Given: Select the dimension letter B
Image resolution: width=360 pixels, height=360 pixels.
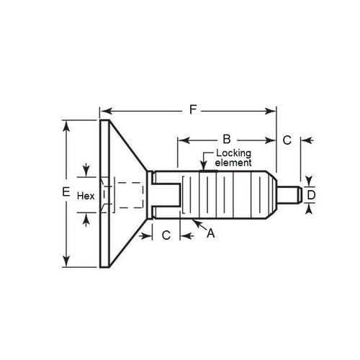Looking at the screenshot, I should click(x=225, y=138).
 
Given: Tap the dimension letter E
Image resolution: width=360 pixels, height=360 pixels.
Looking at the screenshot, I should click(x=66, y=193).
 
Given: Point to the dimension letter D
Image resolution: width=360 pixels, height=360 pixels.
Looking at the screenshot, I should click(x=311, y=194).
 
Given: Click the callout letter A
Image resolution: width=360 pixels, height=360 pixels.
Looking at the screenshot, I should click(x=210, y=233).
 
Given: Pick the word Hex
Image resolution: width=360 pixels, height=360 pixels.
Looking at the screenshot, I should click(x=85, y=195).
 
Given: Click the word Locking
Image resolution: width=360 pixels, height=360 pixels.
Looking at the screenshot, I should click(x=222, y=154).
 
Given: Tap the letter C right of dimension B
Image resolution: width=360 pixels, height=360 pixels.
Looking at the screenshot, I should click(x=286, y=138).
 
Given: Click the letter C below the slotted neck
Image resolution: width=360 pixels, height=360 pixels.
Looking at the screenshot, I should click(x=166, y=235).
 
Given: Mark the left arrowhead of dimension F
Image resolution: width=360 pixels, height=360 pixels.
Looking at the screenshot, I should click(x=104, y=110).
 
